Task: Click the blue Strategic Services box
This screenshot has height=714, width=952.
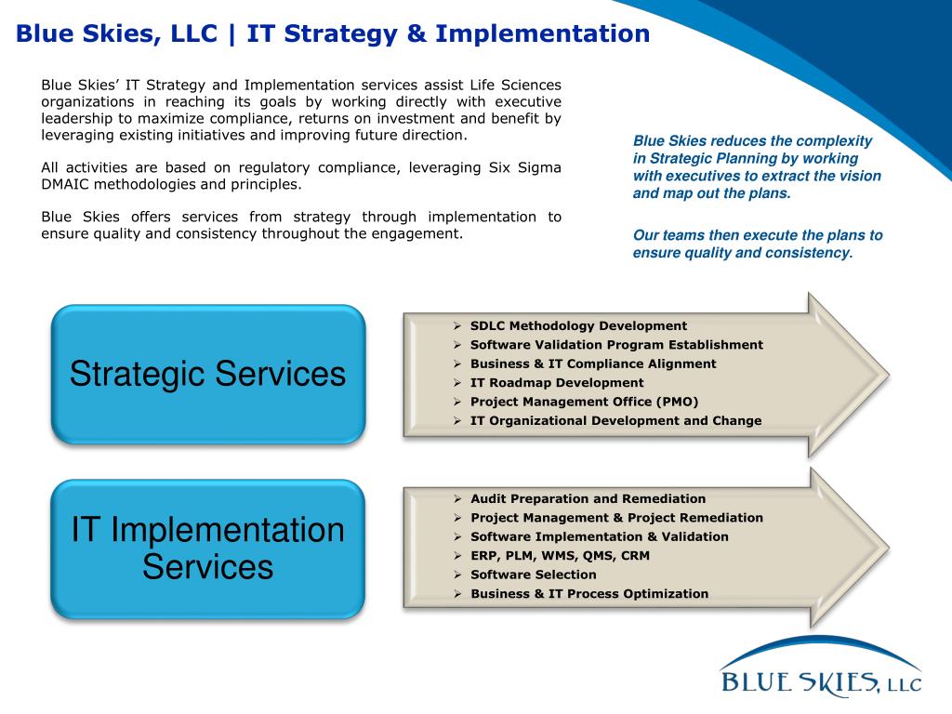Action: coord(208,374)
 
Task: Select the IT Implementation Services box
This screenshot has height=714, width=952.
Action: coord(207,549)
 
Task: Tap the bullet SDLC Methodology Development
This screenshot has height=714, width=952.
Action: coord(578,326)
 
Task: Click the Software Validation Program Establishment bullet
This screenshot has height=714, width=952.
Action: coord(616,345)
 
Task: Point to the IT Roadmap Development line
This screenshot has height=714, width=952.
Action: coord(557,383)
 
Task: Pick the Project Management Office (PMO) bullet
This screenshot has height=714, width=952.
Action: coord(584,402)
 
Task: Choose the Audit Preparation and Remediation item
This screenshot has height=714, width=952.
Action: coord(588,499)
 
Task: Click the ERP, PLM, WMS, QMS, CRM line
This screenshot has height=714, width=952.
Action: coord(560,556)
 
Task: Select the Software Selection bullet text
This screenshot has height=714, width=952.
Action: coord(533,575)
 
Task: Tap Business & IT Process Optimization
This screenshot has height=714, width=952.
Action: coord(588,594)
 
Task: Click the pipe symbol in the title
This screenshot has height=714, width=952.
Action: coord(231,34)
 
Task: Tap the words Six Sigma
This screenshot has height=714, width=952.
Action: coord(524,168)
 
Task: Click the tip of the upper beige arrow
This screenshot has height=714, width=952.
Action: coord(889,376)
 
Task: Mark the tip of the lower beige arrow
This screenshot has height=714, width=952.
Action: coord(889,549)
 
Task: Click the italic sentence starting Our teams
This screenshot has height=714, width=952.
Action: coord(758,245)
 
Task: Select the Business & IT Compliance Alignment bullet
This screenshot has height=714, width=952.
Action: coord(593,364)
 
